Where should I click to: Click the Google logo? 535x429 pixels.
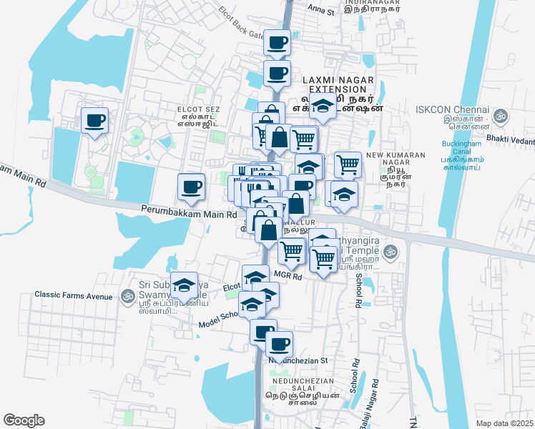24,420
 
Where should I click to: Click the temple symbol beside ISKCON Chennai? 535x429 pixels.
501,114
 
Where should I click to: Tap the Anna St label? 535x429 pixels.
320,11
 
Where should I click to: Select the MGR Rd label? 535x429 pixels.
289,276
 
